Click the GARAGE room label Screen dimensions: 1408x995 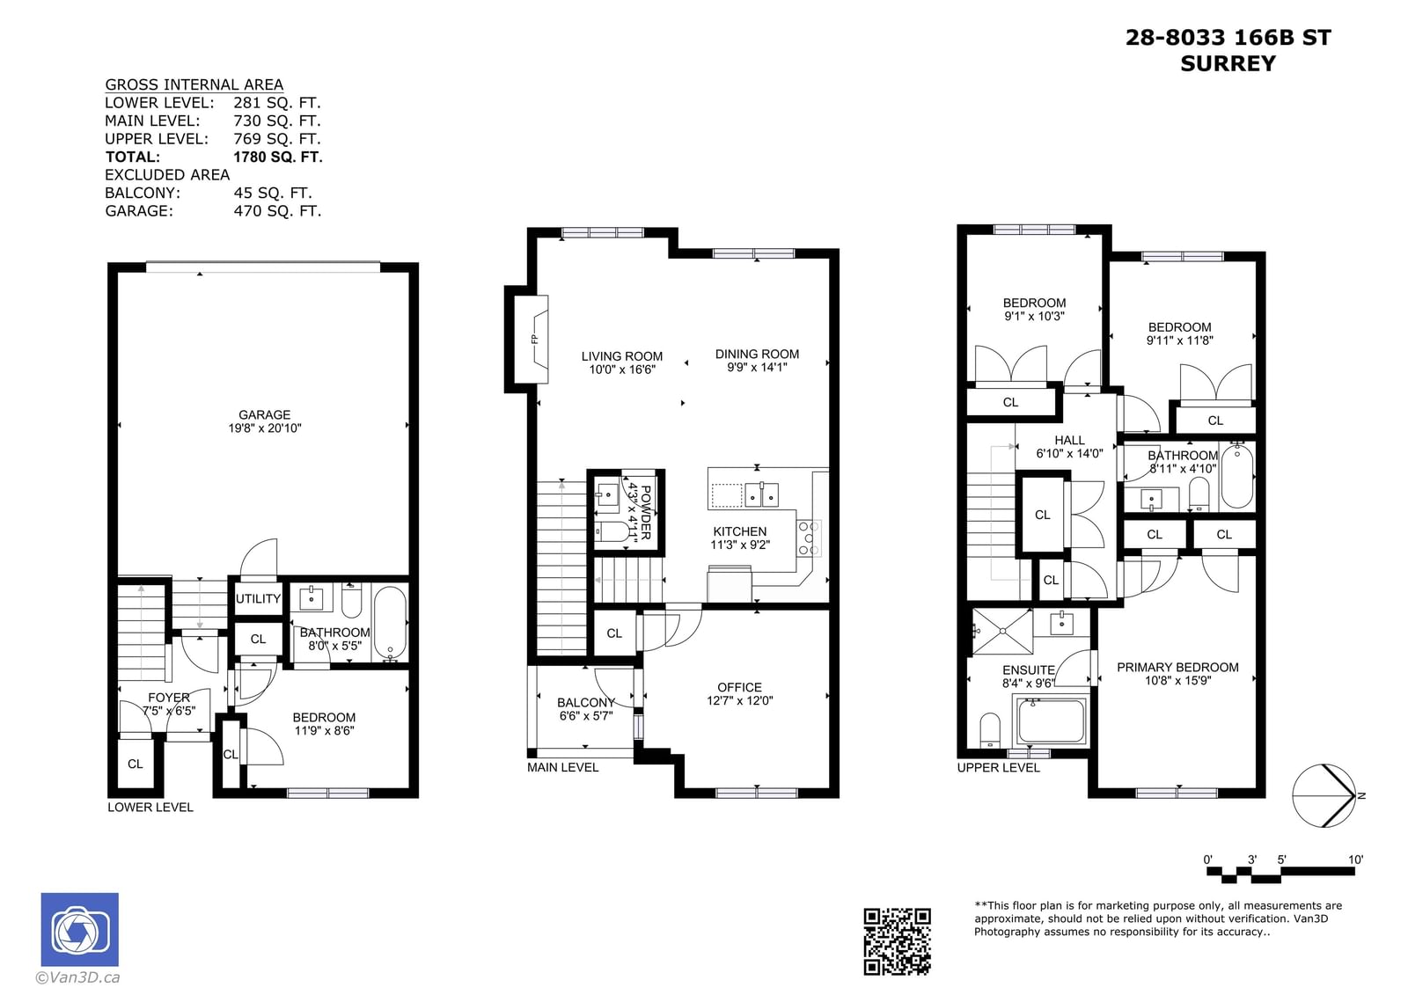(265, 415)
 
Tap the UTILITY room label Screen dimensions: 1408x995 (258, 598)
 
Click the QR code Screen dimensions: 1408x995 (897, 941)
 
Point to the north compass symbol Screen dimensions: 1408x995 (1324, 795)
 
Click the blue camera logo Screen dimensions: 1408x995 (80, 929)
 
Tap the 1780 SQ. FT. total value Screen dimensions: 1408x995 (278, 157)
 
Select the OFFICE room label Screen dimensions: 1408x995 (739, 687)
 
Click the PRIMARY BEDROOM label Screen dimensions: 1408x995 (1177, 667)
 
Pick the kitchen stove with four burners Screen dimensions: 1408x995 (809, 538)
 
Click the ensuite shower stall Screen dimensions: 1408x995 (1002, 631)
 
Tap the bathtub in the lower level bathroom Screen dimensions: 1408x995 (390, 622)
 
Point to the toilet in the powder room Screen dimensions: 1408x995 (612, 531)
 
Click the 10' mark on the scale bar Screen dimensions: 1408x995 (1356, 860)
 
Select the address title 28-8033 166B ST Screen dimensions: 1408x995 (1228, 38)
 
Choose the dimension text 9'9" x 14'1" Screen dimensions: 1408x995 (757, 367)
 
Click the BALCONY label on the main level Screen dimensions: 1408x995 (586, 702)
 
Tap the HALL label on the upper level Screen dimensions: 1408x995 (1069, 440)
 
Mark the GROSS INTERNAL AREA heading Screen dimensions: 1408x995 (194, 84)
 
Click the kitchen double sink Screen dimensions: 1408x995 (761, 494)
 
